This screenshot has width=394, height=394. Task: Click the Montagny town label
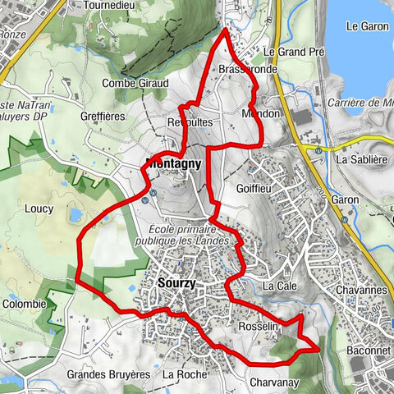point(173,163)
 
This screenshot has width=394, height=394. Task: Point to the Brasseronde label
point(249,71)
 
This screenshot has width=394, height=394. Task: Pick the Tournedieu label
point(112,5)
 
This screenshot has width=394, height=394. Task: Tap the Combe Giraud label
point(135,83)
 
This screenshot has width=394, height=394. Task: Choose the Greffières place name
point(103,117)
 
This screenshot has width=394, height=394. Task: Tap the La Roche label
point(185,374)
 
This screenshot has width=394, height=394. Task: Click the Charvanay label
point(272,382)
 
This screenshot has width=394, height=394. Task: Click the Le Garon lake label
point(361,26)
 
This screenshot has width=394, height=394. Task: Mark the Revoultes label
point(190,121)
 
